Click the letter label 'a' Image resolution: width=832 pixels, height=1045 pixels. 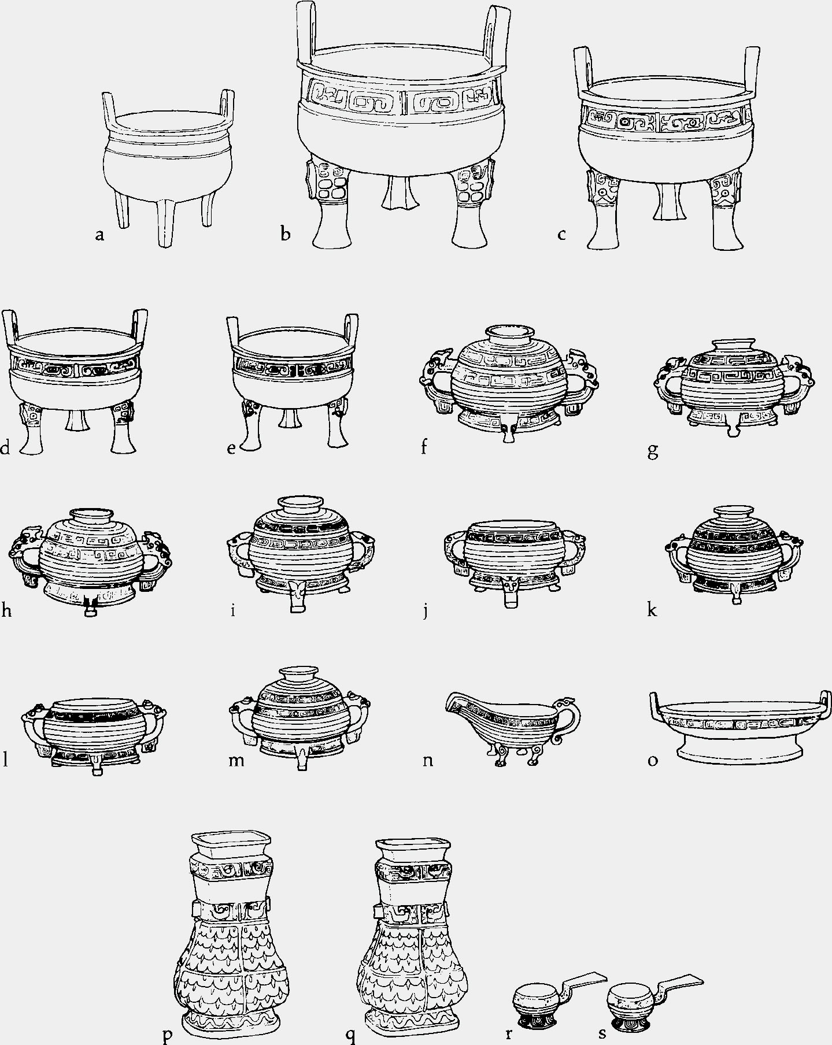100,235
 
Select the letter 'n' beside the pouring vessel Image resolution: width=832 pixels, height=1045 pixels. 428,760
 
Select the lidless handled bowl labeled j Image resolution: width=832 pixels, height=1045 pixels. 515,561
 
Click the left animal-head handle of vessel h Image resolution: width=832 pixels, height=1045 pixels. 26,555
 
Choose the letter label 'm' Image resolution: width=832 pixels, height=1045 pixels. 236,760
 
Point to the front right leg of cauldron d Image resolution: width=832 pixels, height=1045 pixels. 123,428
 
